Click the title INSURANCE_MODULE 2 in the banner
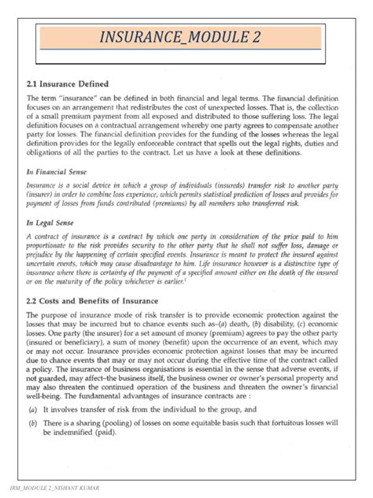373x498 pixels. click(x=186, y=38)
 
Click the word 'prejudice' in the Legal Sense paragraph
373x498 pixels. click(x=44, y=255)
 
